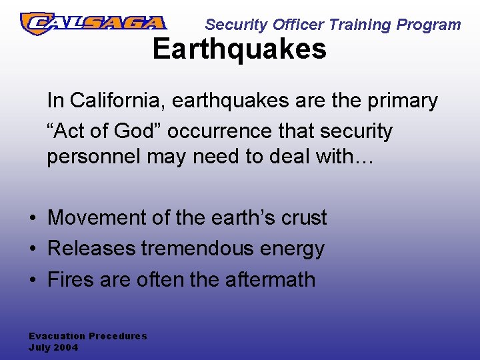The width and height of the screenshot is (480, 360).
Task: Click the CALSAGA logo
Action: click(x=93, y=23)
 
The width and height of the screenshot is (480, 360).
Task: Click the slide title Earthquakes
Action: click(x=239, y=49)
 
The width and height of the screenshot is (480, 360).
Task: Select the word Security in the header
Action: click(x=229, y=25)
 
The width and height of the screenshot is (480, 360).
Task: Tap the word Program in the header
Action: click(x=429, y=25)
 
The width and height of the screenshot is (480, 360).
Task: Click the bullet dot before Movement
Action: click(x=32, y=219)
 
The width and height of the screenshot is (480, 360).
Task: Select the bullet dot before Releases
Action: click(x=32, y=249)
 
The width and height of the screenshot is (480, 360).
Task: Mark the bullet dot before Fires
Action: click(x=32, y=280)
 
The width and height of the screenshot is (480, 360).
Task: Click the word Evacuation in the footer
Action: click(x=57, y=336)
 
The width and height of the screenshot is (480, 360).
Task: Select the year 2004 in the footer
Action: click(x=66, y=347)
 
